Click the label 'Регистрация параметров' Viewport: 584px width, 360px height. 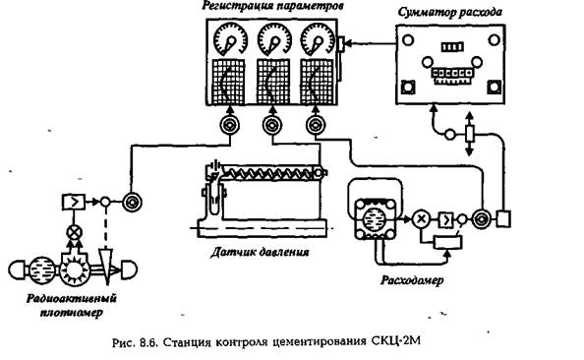[x=273, y=6]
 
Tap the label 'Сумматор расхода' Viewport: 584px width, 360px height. [x=450, y=13]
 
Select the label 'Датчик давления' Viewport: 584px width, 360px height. [x=260, y=253]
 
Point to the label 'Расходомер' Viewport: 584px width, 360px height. [x=412, y=280]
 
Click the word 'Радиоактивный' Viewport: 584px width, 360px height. [x=72, y=298]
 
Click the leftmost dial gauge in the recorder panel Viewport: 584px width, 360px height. [x=231, y=39]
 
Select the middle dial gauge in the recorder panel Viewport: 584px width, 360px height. [x=274, y=39]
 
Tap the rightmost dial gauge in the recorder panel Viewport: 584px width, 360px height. [x=318, y=39]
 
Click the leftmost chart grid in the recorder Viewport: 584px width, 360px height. [x=229, y=82]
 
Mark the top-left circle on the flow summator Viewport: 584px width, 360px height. [x=408, y=39]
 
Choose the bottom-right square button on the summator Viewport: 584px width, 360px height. [x=494, y=88]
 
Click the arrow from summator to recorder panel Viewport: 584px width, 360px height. [x=371, y=43]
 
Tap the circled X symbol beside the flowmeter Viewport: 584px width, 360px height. [x=421, y=218]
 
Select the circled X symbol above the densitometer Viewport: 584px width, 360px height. [x=74, y=233]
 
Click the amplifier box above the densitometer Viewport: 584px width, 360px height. [x=74, y=203]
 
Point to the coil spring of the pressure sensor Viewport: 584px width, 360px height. [x=267, y=172]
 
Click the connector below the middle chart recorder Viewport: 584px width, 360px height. [x=272, y=125]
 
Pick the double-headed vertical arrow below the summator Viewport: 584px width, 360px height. [x=470, y=134]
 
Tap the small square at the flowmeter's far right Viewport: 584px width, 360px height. [x=503, y=218]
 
